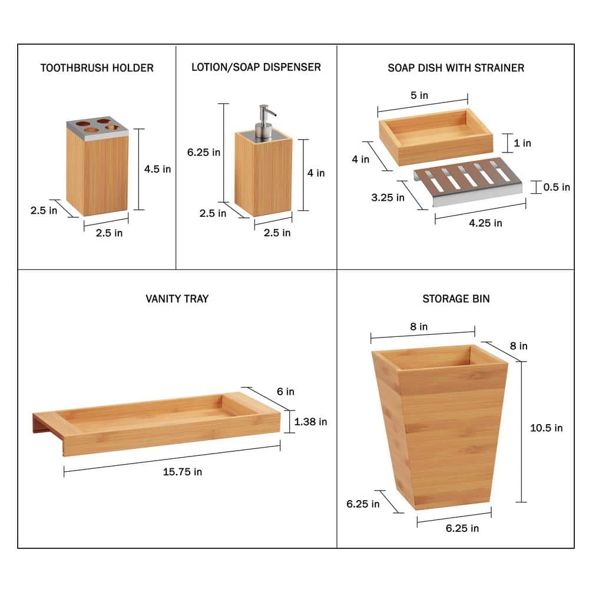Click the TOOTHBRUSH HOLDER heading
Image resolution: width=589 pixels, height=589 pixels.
97,68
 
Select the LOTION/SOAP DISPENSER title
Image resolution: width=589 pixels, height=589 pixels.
256,67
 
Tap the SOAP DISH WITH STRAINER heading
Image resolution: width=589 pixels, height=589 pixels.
456,68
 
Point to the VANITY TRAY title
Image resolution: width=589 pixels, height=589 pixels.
177,299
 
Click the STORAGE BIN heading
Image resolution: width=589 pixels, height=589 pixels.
456,299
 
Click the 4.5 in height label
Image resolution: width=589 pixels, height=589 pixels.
157,169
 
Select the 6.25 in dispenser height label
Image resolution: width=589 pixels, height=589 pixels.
204,153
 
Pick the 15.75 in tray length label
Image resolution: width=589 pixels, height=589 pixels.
182,472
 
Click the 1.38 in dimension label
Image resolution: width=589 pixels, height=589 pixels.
310,422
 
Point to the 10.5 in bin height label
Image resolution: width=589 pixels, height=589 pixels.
546,428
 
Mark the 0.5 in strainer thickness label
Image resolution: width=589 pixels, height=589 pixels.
557,187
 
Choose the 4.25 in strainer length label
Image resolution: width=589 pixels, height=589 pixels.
485,223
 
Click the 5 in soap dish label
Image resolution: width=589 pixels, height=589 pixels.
419,95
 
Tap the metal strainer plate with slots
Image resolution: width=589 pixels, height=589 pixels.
468,182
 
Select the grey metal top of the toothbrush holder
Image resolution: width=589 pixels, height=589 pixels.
98,128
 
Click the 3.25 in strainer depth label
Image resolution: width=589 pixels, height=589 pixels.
388,197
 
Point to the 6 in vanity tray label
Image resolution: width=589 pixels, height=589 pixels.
286,392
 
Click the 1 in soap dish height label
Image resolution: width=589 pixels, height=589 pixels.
522,143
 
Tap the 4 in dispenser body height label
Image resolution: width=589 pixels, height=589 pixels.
316,173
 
